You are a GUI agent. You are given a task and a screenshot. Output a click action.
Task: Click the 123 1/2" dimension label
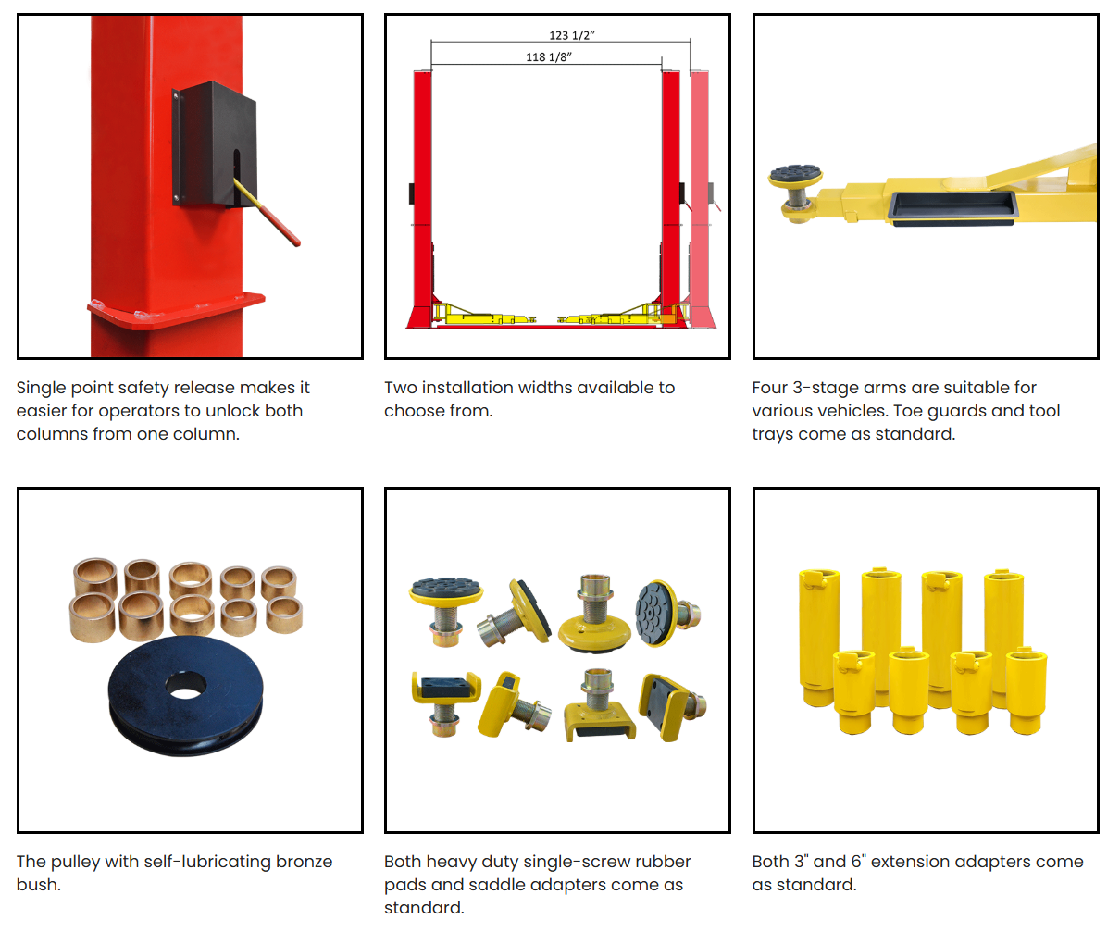tap(571, 35)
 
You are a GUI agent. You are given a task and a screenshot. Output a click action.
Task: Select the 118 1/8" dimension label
tap(549, 56)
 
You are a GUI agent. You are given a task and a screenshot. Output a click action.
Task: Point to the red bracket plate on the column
tap(176, 309)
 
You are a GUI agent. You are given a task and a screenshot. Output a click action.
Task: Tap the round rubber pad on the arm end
tap(796, 175)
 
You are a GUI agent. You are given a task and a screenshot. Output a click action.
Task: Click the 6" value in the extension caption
tap(858, 862)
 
